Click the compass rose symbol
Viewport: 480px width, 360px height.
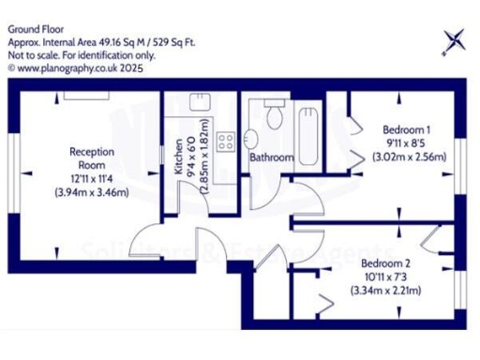pyautogui.click(x=454, y=40)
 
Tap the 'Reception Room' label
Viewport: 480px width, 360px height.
pyautogui.click(x=92, y=158)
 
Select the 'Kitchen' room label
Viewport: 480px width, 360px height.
pyautogui.click(x=178, y=159)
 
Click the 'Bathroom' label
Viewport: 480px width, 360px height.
pyautogui.click(x=271, y=158)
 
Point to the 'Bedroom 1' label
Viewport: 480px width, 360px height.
pyautogui.click(x=406, y=130)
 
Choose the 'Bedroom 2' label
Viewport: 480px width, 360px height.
pyautogui.click(x=386, y=263)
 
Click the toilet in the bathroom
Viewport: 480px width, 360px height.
pyautogui.click(x=275, y=115)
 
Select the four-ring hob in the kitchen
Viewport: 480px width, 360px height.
pyautogui.click(x=225, y=142)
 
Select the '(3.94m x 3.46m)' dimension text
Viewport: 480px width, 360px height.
pyautogui.click(x=92, y=193)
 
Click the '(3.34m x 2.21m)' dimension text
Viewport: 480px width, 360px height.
pyautogui.click(x=386, y=292)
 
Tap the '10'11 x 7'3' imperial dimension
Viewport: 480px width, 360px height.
pyautogui.click(x=386, y=277)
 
